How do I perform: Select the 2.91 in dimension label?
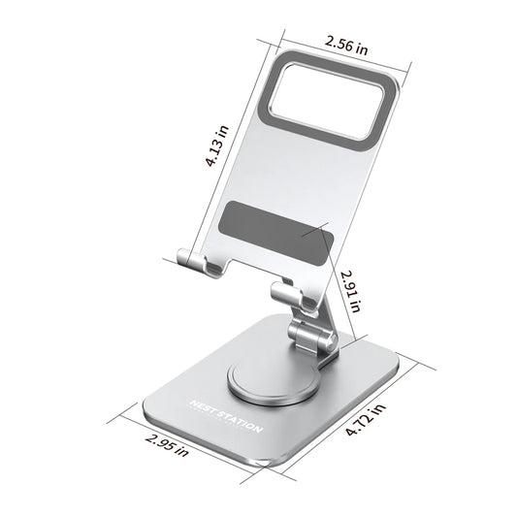pyautogui.click(x=350, y=290)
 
